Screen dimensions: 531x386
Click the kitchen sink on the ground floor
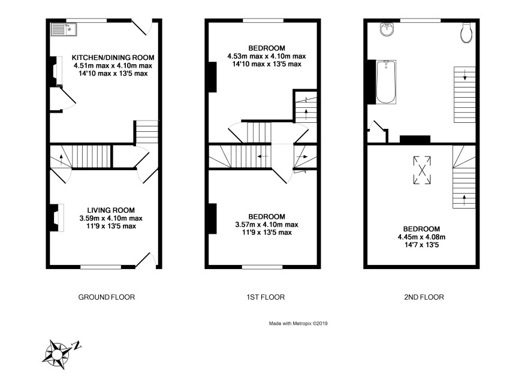(64, 29)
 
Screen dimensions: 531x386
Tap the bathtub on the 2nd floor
(386, 82)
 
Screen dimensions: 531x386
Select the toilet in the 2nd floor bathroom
(467, 32)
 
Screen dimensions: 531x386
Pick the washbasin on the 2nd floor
(387, 29)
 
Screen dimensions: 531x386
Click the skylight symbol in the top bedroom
(422, 170)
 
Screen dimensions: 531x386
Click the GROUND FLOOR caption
(107, 297)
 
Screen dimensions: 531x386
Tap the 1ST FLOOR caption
(265, 297)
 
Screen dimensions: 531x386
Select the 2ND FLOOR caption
(424, 297)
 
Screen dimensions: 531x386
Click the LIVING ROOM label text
(111, 210)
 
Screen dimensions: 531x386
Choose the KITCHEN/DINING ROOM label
(113, 58)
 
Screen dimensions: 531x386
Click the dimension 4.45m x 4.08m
(421, 237)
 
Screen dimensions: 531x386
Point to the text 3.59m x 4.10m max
(111, 218)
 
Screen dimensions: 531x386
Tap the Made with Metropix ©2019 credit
(298, 323)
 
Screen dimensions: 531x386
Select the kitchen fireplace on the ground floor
(56, 71)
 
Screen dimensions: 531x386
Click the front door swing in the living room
(147, 260)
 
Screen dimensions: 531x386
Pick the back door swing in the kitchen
(142, 27)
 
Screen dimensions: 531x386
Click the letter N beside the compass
(77, 346)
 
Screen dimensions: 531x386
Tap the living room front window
(101, 267)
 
